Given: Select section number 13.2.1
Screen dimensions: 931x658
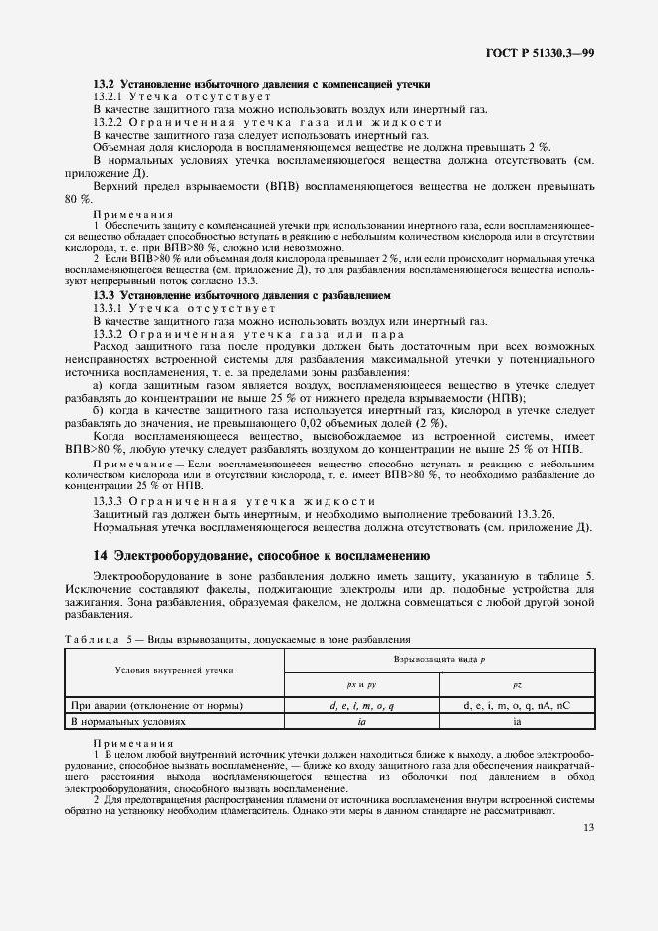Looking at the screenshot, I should coord(108,96).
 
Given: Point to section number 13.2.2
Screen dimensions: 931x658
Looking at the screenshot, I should coord(108,121).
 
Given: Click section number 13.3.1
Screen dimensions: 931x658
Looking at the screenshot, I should coord(108,308).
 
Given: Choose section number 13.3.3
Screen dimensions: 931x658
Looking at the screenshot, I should coord(108,501).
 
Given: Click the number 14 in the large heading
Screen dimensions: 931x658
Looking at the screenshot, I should coord(101,555).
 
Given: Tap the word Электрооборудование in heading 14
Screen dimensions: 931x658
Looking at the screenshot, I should coord(183,555).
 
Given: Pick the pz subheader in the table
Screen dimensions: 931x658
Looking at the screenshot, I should coord(517,685).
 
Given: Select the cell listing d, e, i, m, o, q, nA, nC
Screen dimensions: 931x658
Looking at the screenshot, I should coord(517,705).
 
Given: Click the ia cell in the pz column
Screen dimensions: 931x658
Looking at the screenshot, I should coord(517,722).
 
